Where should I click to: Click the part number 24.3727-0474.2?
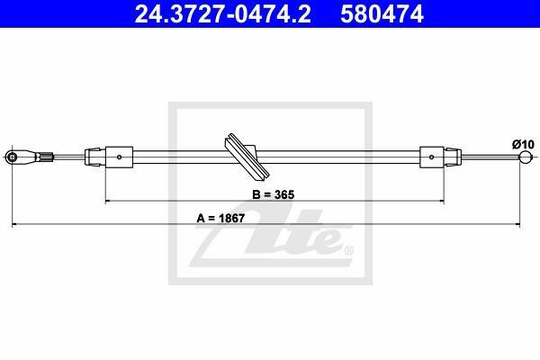tap(222, 13)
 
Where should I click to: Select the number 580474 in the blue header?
tap(382, 13)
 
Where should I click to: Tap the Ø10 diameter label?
tap(523, 144)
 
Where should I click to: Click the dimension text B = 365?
tap(274, 194)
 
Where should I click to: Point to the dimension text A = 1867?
tap(220, 218)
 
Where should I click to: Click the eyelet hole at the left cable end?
tap(13, 157)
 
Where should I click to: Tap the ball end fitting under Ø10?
tap(526, 157)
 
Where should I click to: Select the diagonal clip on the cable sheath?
tap(246, 157)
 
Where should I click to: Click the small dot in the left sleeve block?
tap(119, 157)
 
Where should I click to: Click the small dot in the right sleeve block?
tap(431, 157)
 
